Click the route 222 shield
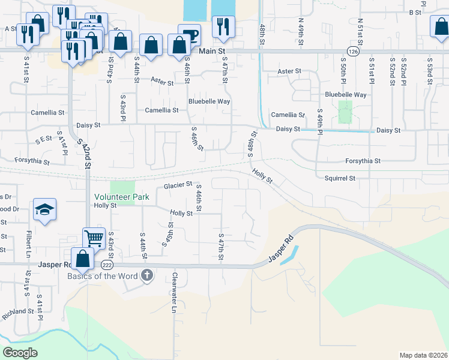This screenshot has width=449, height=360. point(107,264)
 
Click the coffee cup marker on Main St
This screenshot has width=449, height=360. point(189,34)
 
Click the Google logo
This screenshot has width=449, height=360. point(20,352)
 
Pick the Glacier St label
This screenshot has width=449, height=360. point(178,185)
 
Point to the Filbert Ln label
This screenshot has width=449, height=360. point(28,245)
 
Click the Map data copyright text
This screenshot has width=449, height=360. point(423,355)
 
